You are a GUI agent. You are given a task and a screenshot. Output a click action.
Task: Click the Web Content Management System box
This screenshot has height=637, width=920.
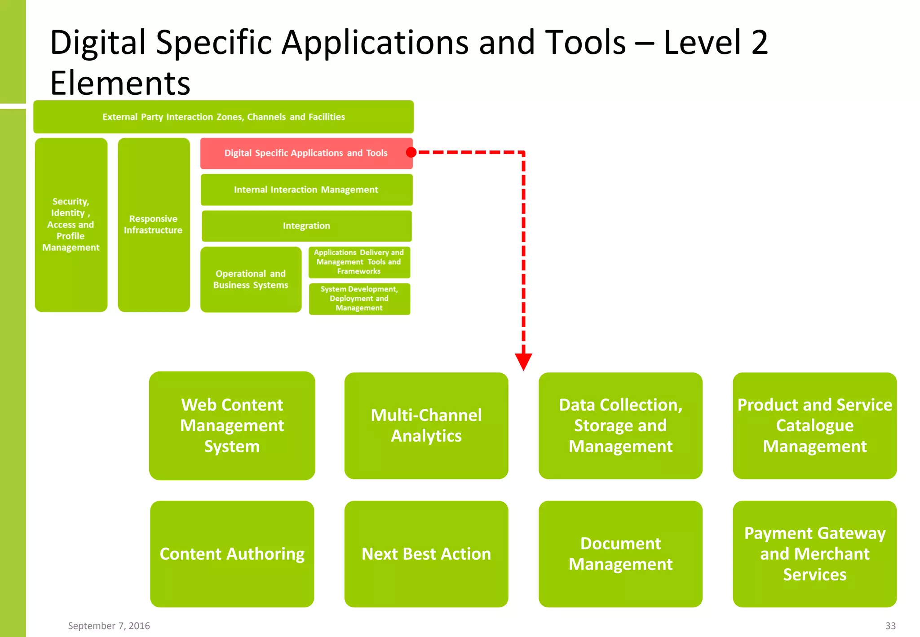(232, 425)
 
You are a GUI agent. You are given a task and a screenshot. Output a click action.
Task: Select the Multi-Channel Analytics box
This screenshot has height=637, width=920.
(426, 425)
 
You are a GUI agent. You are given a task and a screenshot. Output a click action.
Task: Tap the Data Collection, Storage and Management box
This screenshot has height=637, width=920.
(620, 425)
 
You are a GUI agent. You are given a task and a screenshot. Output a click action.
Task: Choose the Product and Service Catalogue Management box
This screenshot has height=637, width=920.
(814, 425)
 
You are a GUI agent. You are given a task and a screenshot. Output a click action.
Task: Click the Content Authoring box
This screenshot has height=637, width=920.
(232, 554)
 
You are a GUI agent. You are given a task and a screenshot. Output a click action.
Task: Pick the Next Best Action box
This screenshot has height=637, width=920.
(426, 554)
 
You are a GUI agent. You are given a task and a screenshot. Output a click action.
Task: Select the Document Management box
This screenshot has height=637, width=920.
(620, 554)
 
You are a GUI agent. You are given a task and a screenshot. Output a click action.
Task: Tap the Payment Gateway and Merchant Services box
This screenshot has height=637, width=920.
(814, 554)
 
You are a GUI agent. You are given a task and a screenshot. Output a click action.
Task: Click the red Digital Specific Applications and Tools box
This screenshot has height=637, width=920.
(306, 153)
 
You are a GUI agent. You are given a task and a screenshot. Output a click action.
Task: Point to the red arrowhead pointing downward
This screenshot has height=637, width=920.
(523, 361)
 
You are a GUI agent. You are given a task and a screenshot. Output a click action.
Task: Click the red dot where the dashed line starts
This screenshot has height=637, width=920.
(411, 152)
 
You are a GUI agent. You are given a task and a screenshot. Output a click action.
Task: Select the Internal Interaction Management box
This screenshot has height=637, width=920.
(306, 190)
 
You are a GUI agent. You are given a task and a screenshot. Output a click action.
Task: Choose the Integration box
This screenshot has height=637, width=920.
(306, 226)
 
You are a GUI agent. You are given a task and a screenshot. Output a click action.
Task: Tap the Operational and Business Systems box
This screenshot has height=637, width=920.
(251, 279)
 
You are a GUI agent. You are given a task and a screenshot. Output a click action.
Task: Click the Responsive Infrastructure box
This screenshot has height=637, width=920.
(154, 225)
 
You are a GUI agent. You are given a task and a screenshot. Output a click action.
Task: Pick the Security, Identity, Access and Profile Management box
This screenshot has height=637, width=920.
(71, 225)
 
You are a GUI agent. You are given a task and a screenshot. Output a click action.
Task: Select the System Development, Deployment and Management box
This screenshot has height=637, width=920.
(359, 299)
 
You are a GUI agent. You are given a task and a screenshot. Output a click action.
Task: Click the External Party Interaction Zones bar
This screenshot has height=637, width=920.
(223, 117)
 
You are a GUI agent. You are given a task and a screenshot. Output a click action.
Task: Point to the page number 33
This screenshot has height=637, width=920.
(890, 626)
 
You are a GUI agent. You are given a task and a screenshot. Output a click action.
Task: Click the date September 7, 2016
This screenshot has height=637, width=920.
(109, 626)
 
